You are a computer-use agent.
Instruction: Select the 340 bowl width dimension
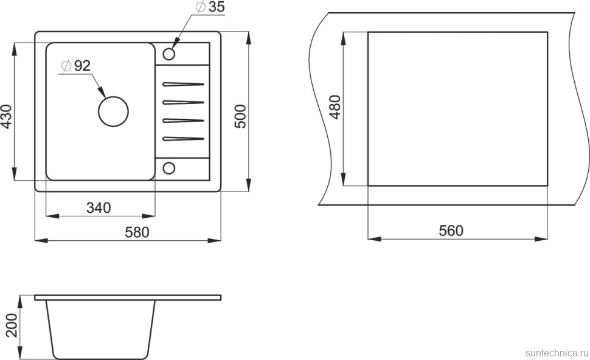99,207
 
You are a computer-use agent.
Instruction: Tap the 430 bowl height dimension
7,117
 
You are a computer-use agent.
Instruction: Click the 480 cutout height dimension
333,108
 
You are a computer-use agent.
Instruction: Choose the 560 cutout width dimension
451,230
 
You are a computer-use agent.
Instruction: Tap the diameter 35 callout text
210,9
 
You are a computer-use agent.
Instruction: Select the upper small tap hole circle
169,54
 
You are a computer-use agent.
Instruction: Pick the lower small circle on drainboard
169,167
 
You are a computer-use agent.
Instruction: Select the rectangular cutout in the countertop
457,108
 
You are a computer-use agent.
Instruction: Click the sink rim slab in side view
128,297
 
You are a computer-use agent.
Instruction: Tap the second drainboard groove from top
182,102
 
